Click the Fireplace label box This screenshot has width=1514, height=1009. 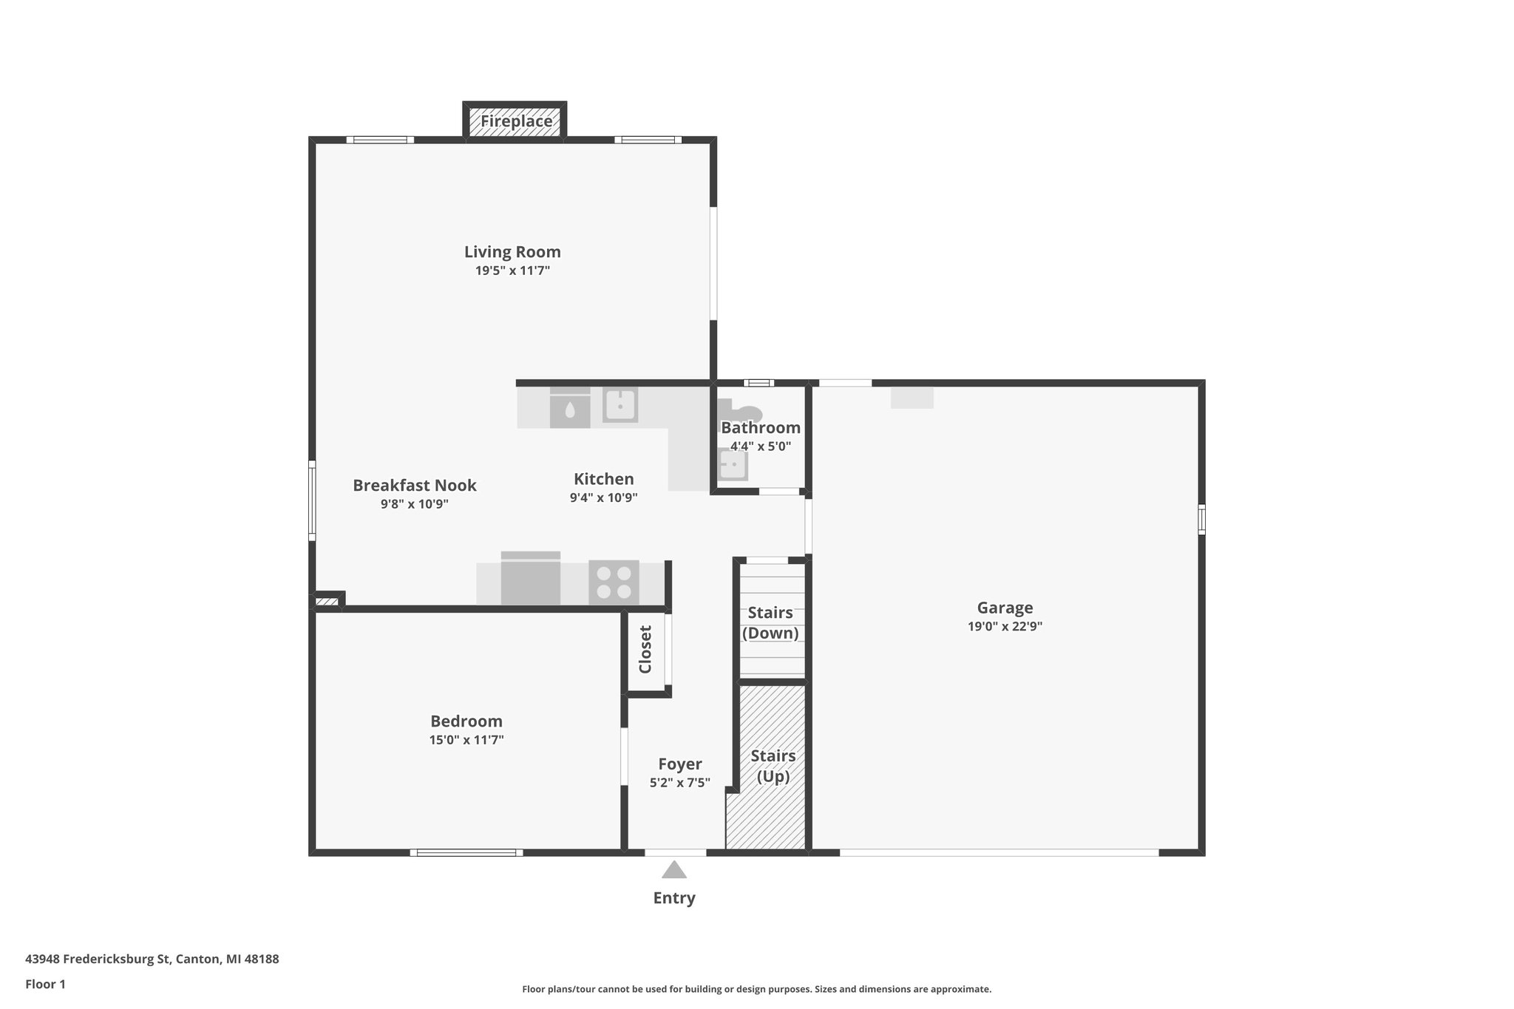[515, 121]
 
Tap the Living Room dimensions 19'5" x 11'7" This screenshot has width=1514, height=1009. [512, 271]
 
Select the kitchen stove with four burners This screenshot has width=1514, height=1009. [614, 582]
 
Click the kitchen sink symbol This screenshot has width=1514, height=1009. [619, 404]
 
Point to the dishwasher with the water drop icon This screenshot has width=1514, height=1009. [570, 410]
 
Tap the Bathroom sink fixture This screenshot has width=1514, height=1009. [733, 465]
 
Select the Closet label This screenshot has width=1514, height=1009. [645, 650]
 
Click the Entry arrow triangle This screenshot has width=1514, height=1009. [673, 870]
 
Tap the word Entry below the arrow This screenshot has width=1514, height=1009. [673, 898]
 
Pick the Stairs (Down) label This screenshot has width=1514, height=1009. [770, 622]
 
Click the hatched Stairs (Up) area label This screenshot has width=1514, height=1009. [773, 766]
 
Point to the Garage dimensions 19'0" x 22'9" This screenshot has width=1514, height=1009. [1005, 627]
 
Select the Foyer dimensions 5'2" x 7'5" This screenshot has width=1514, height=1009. [679, 783]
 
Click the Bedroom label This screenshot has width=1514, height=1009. [466, 721]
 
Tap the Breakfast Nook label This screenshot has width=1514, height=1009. [414, 486]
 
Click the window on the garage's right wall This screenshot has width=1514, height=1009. [1201, 519]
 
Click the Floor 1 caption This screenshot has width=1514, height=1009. [45, 985]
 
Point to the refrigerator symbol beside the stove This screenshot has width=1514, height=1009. [530, 580]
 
